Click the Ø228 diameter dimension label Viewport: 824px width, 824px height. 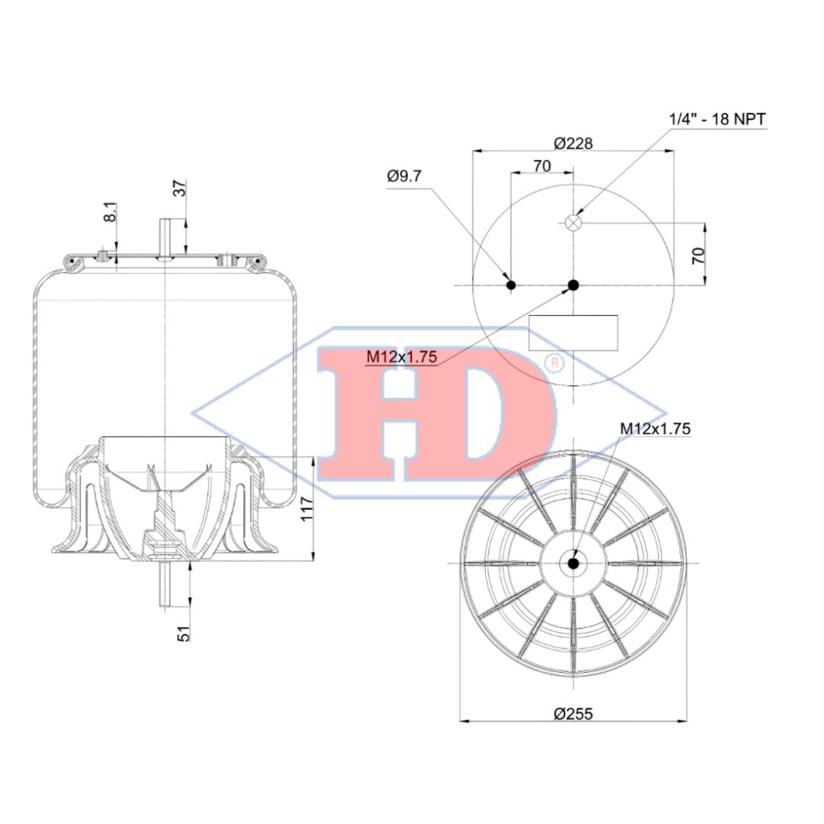click(x=573, y=143)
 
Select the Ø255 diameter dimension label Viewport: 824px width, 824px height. click(x=573, y=713)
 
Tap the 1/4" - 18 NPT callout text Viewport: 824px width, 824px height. click(x=717, y=119)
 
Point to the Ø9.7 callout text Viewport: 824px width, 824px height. click(x=404, y=175)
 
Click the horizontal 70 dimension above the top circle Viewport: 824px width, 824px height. click(x=542, y=166)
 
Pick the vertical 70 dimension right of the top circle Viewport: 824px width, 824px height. click(x=697, y=256)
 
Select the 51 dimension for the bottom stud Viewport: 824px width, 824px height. click(x=183, y=633)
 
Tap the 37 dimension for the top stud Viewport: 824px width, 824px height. click(x=180, y=188)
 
